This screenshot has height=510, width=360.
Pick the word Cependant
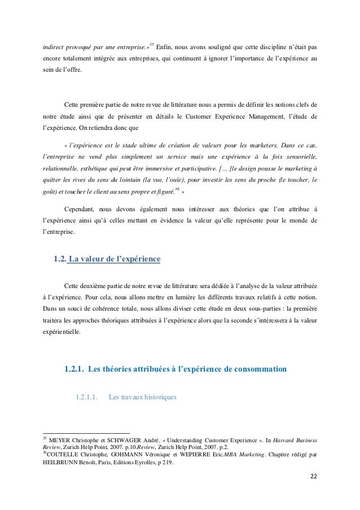[x=84, y=207]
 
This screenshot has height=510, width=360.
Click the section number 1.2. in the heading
[x=59, y=260]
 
